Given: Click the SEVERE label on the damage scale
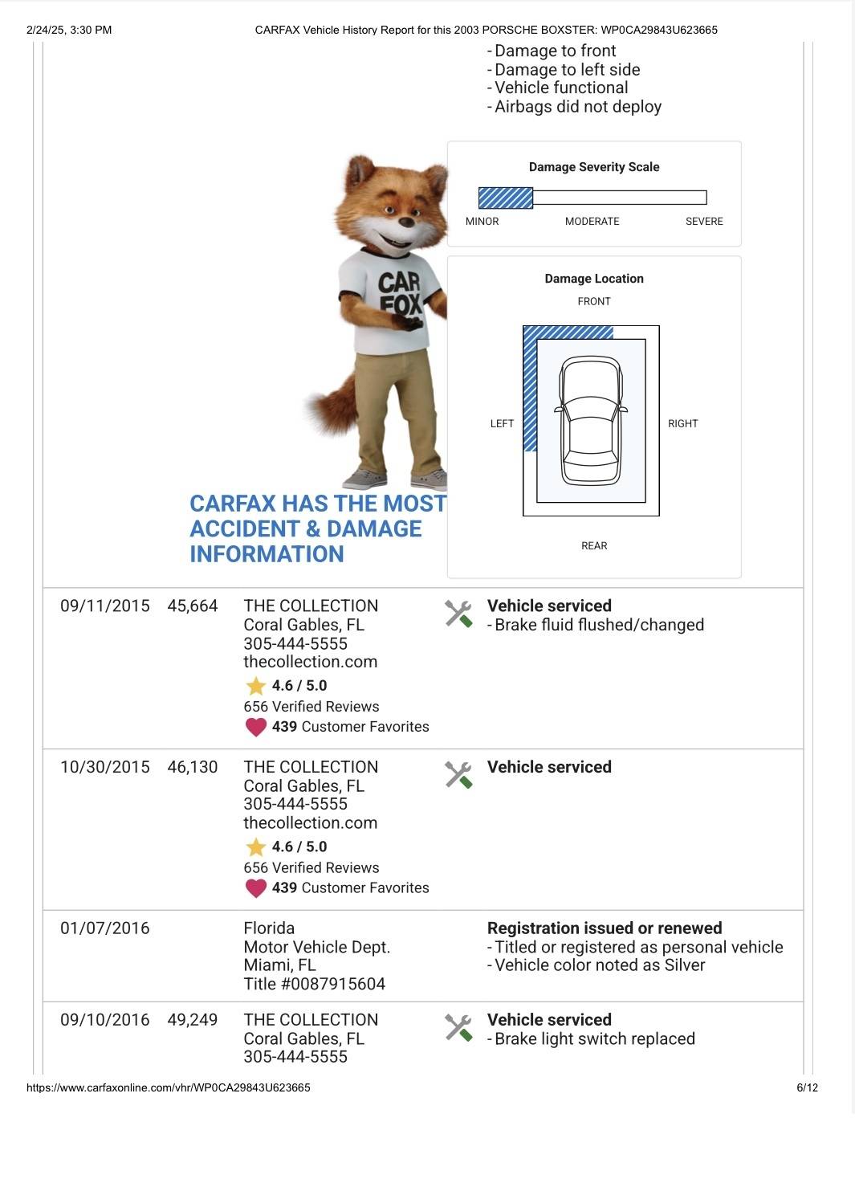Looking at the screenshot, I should point(704,221).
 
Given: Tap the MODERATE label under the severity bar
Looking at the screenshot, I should point(592,221).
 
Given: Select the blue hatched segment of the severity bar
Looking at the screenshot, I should point(506,198).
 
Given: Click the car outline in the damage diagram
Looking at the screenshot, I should point(592,421).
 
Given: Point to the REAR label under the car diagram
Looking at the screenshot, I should point(594,545).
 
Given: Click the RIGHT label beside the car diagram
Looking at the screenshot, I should point(682,423).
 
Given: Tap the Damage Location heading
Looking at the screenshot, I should point(594,279).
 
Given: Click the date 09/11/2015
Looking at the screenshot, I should point(105,606).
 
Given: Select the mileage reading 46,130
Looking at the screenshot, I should point(193,767).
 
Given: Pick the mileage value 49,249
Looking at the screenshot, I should point(193,1020).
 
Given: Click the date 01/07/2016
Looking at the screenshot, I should point(105,928).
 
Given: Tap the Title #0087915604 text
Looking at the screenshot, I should point(315,984).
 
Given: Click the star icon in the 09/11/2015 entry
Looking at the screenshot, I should point(256,686).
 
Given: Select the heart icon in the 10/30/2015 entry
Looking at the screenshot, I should point(256,888).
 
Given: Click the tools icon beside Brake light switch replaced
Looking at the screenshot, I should point(458,1027).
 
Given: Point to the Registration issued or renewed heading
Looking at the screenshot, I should point(605,928).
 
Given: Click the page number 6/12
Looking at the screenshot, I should point(807,1087).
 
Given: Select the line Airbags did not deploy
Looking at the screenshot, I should point(577,107).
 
